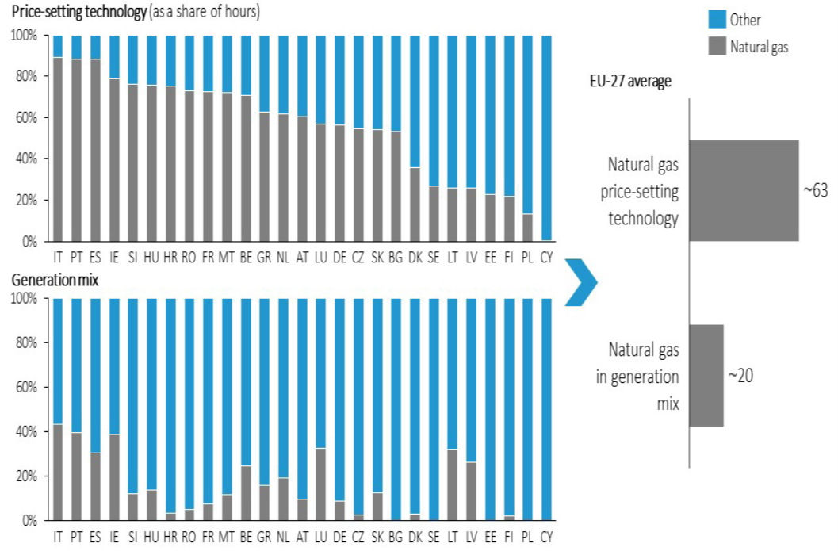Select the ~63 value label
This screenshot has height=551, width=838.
(x=816, y=191)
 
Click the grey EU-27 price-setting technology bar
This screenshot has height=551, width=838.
(x=744, y=190)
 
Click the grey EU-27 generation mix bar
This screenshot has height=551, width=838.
(x=706, y=375)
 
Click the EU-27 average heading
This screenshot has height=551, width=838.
(x=631, y=81)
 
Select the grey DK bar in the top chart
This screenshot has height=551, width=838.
(x=414, y=204)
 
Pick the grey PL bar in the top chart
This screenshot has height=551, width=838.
(x=527, y=227)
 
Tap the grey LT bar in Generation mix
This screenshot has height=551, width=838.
(x=452, y=484)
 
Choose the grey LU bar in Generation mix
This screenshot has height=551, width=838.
(x=320, y=484)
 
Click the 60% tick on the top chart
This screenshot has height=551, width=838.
(x=25, y=117)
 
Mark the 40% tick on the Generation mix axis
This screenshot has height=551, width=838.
(x=25, y=432)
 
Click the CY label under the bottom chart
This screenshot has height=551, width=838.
(x=546, y=538)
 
